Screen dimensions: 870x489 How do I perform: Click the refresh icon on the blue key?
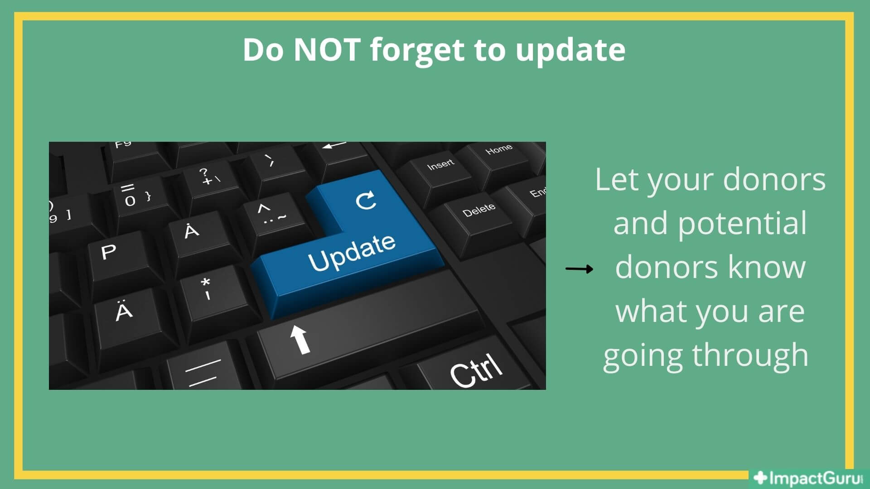366,201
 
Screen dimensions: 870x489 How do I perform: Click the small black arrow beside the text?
579,269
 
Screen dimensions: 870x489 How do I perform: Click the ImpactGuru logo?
808,479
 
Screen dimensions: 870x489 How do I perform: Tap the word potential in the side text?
742,225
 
